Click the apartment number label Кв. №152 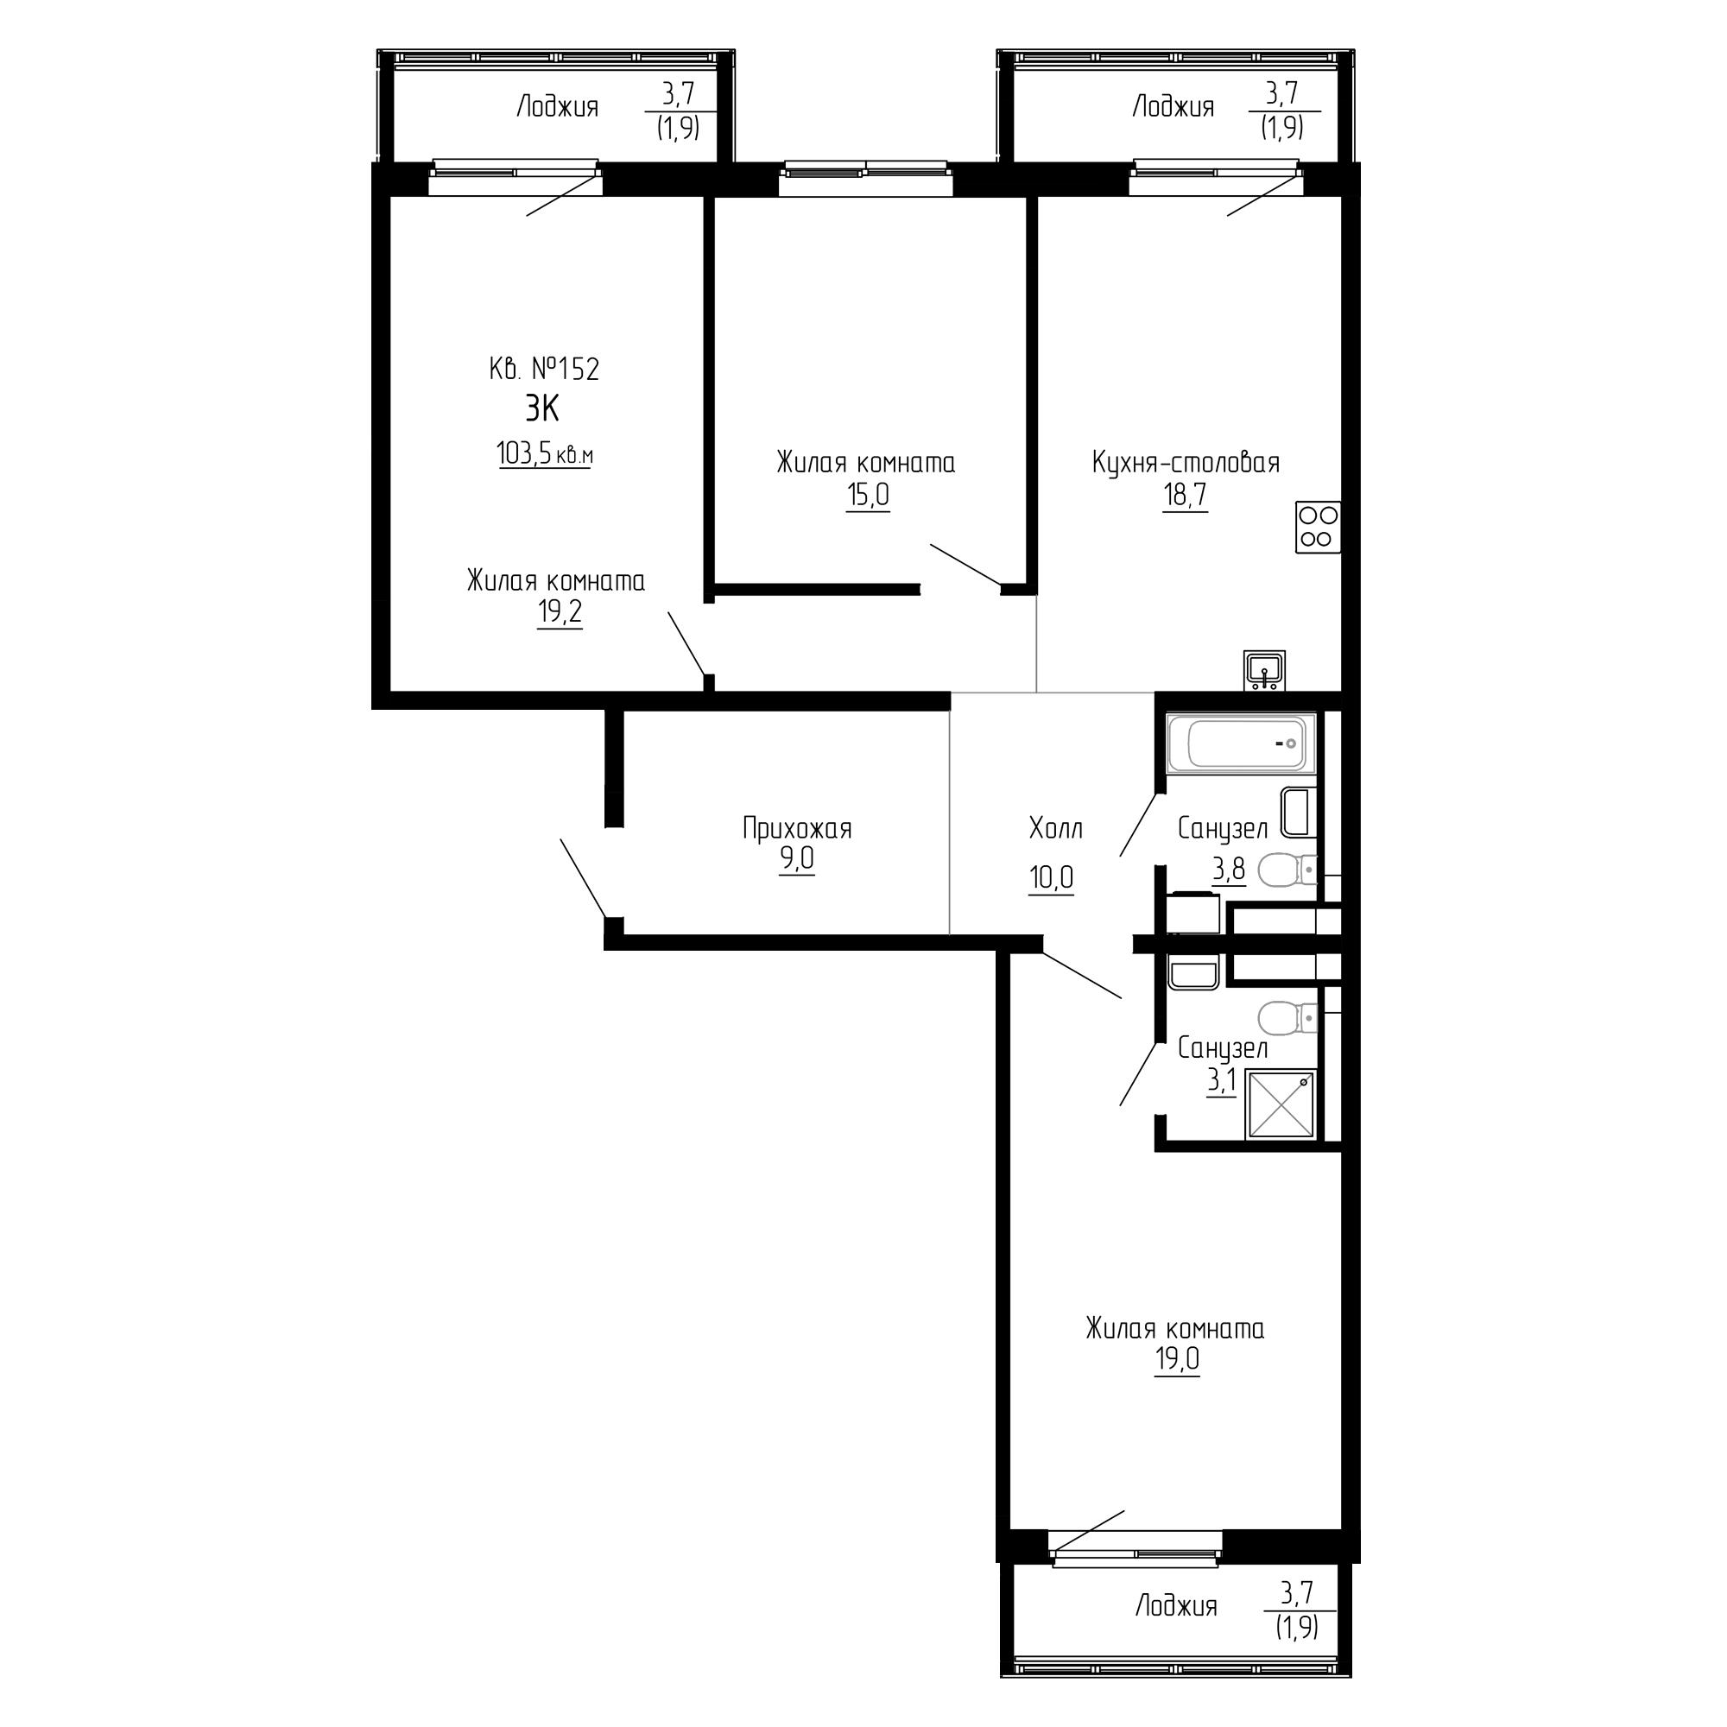pyautogui.click(x=544, y=369)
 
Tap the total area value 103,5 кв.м pyautogui.click(x=545, y=454)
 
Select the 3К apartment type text pyautogui.click(x=541, y=409)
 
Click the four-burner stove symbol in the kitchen pyautogui.click(x=1319, y=527)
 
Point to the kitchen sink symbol pyautogui.click(x=1264, y=669)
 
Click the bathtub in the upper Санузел pyautogui.click(x=1242, y=743)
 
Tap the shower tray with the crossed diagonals pyautogui.click(x=1281, y=1105)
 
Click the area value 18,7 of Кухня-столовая pyautogui.click(x=1186, y=495)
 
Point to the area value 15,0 pyautogui.click(x=868, y=495)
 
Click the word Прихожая pyautogui.click(x=797, y=829)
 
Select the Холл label pyautogui.click(x=1056, y=829)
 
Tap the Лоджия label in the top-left pyautogui.click(x=558, y=107)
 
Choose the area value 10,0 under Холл pyautogui.click(x=1051, y=878)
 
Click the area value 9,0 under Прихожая pyautogui.click(x=797, y=859)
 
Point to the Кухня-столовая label pyautogui.click(x=1186, y=463)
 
